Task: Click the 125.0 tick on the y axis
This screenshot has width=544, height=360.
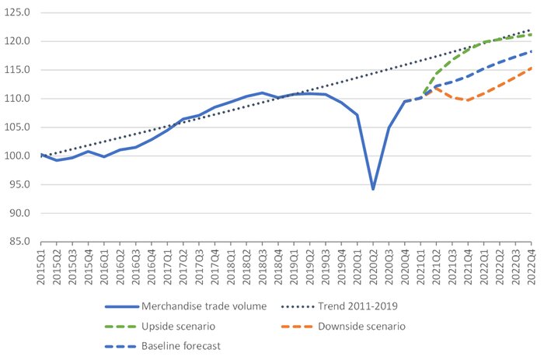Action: click(x=17, y=12)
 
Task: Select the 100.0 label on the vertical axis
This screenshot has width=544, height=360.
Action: click(x=17, y=156)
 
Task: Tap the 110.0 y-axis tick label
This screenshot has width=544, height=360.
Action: click(x=17, y=99)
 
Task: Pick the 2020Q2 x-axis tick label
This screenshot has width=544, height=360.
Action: click(x=373, y=265)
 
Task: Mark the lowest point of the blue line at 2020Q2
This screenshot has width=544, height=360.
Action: click(x=373, y=189)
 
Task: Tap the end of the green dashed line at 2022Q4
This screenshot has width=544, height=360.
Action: click(x=532, y=34)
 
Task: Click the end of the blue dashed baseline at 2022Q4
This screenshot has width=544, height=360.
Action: click(x=532, y=51)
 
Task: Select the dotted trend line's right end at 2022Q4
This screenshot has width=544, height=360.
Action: click(x=532, y=30)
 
